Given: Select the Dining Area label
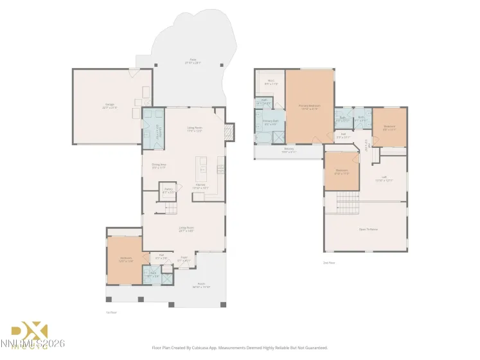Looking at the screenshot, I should (x=159, y=166).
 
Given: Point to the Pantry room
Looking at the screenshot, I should (x=168, y=191).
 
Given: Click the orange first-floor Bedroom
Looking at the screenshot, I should (x=124, y=260).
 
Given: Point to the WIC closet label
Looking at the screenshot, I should (x=271, y=82).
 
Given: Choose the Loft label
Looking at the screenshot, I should (x=384, y=178).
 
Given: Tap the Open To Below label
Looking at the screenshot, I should (x=368, y=229).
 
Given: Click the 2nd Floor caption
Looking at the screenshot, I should (x=328, y=262).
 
